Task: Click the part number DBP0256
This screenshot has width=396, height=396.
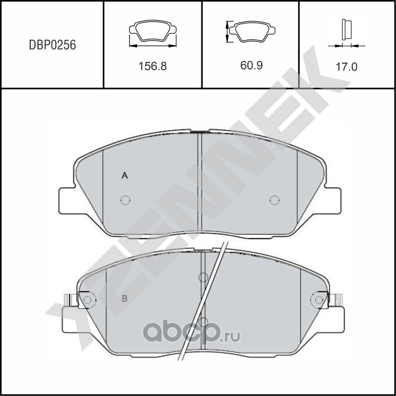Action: (x=51, y=45)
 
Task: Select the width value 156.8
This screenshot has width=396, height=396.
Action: (x=152, y=66)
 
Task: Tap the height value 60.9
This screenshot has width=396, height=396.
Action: (x=251, y=66)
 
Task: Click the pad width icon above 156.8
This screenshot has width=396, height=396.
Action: (x=152, y=34)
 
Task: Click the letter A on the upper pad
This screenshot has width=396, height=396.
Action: (x=125, y=175)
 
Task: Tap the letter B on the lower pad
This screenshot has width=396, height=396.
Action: (x=125, y=298)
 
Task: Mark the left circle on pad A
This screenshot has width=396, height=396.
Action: (x=125, y=200)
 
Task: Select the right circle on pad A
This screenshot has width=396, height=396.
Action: (x=274, y=200)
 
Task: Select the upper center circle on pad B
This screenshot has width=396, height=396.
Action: (x=202, y=277)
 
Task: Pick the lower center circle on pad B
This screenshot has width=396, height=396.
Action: (x=202, y=322)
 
